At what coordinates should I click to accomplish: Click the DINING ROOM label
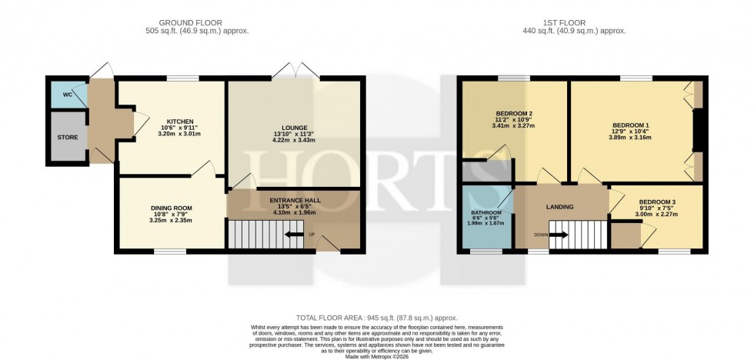[172, 208]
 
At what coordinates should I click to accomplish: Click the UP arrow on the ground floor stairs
[292, 235]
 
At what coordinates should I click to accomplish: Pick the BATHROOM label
[486, 212]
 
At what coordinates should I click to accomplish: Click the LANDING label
[560, 206]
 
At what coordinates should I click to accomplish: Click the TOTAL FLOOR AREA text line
[376, 318]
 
